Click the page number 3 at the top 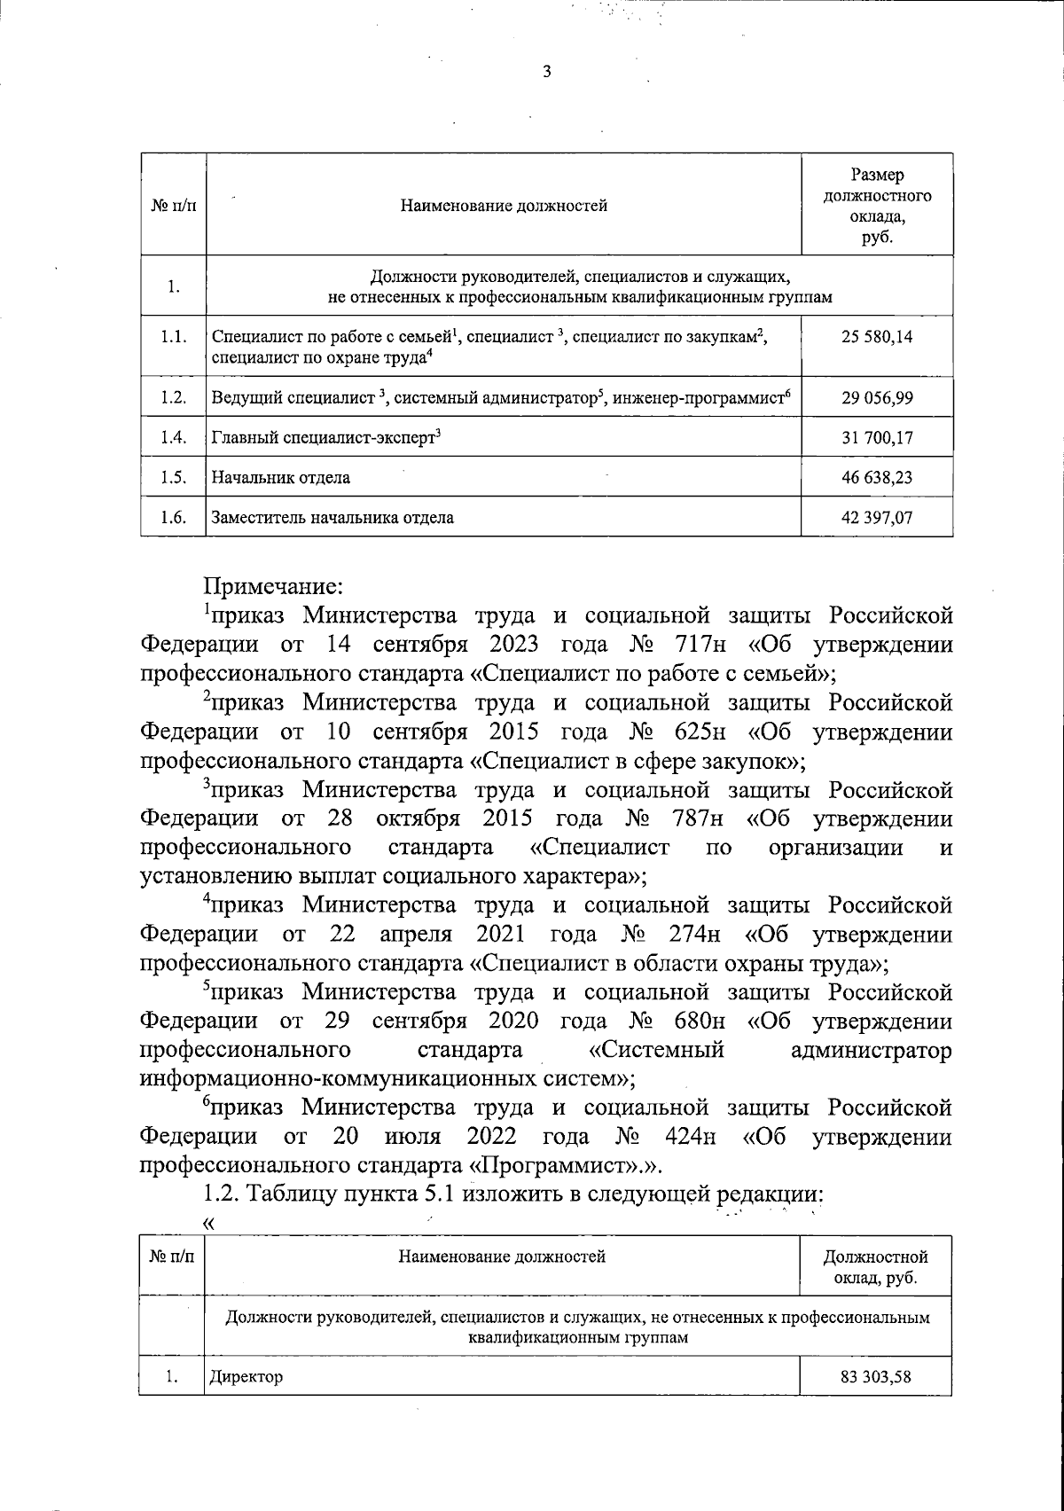(546, 73)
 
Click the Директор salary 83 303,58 (875, 1377)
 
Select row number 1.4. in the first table (173, 437)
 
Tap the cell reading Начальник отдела (280, 478)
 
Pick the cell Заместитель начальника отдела (332, 518)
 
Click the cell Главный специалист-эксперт (326, 437)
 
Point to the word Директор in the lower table (246, 1377)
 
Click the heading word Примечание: (273, 585)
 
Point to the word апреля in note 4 (416, 934)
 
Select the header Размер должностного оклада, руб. (877, 206)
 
